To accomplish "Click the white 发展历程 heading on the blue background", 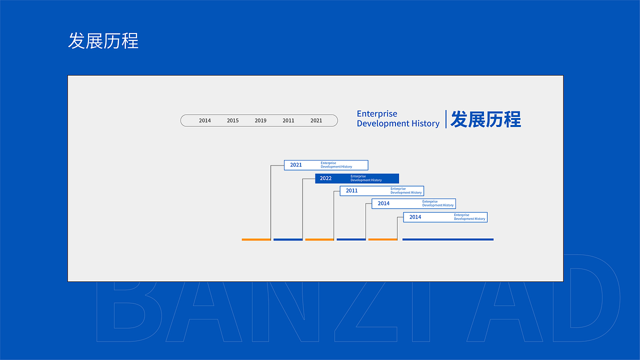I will [103, 41].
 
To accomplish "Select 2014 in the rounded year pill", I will [205, 120].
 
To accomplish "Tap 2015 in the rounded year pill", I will [233, 120].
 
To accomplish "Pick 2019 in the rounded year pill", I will [260, 120].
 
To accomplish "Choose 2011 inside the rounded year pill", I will [288, 120].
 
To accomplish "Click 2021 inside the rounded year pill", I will [316, 120].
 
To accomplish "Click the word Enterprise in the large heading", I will [377, 114].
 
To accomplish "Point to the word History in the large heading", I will [425, 123].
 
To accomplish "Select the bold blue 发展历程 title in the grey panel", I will [485, 119].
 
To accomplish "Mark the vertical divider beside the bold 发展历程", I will [446, 119].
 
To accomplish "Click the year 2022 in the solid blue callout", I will [326, 178].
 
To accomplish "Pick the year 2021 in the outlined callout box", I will [296, 165].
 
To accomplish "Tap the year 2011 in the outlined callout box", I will [352, 191].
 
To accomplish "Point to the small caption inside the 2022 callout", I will [366, 178].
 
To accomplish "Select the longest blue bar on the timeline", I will [448, 239].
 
